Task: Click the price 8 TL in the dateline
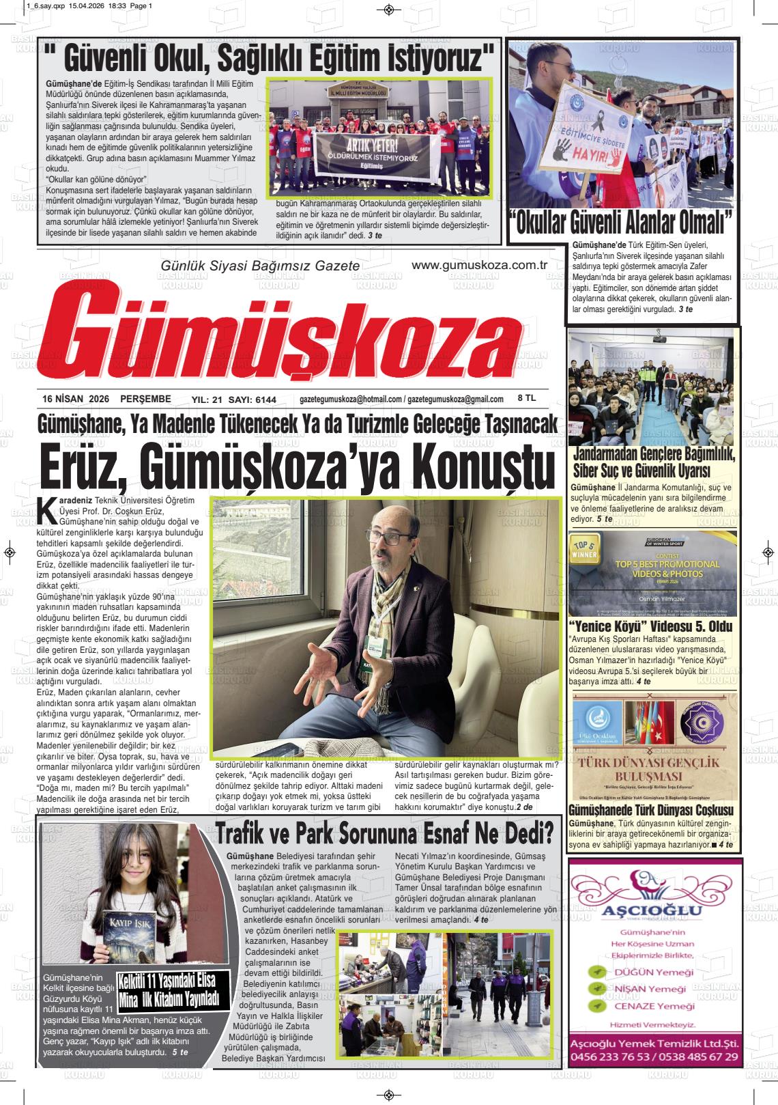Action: click(527, 398)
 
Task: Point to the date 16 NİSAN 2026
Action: click(75, 400)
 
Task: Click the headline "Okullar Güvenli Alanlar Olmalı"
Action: click(622, 223)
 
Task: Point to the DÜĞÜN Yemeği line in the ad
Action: click(653, 972)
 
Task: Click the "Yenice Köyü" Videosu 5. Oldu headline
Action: click(650, 626)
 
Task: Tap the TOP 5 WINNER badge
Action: click(583, 551)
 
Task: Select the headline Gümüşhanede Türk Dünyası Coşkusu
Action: click(650, 811)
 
